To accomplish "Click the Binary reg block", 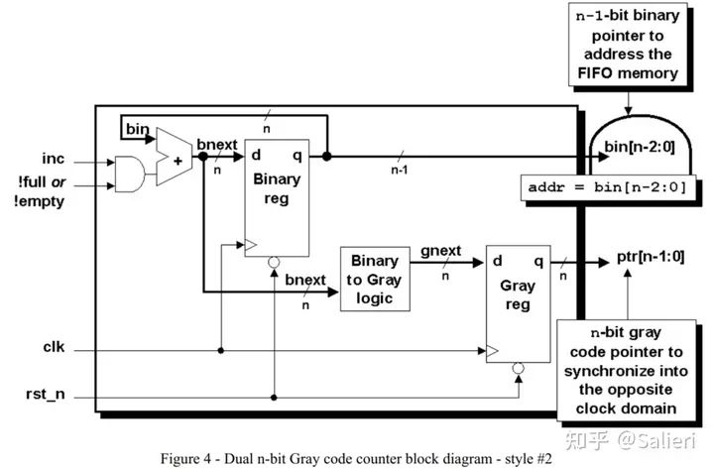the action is point(277,198).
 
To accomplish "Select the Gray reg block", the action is point(519,303).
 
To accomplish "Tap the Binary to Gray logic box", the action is point(375,280).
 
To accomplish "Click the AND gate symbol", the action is point(130,174).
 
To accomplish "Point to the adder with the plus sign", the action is point(174,157).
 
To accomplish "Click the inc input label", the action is point(54,159).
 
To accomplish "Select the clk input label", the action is point(54,347).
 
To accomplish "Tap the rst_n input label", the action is point(45,394).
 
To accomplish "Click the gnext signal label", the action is point(440,251).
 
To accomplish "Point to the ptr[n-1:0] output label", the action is point(651,257).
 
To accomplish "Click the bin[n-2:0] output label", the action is point(640,147).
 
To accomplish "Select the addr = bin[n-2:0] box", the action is point(608,187).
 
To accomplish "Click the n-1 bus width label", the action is point(400,170).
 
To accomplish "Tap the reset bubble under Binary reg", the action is point(274,263).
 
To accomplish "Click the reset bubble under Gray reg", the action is point(519,368).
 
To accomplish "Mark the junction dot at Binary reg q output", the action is point(326,157).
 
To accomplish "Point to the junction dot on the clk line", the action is point(221,351).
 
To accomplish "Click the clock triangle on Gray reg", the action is point(492,351).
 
